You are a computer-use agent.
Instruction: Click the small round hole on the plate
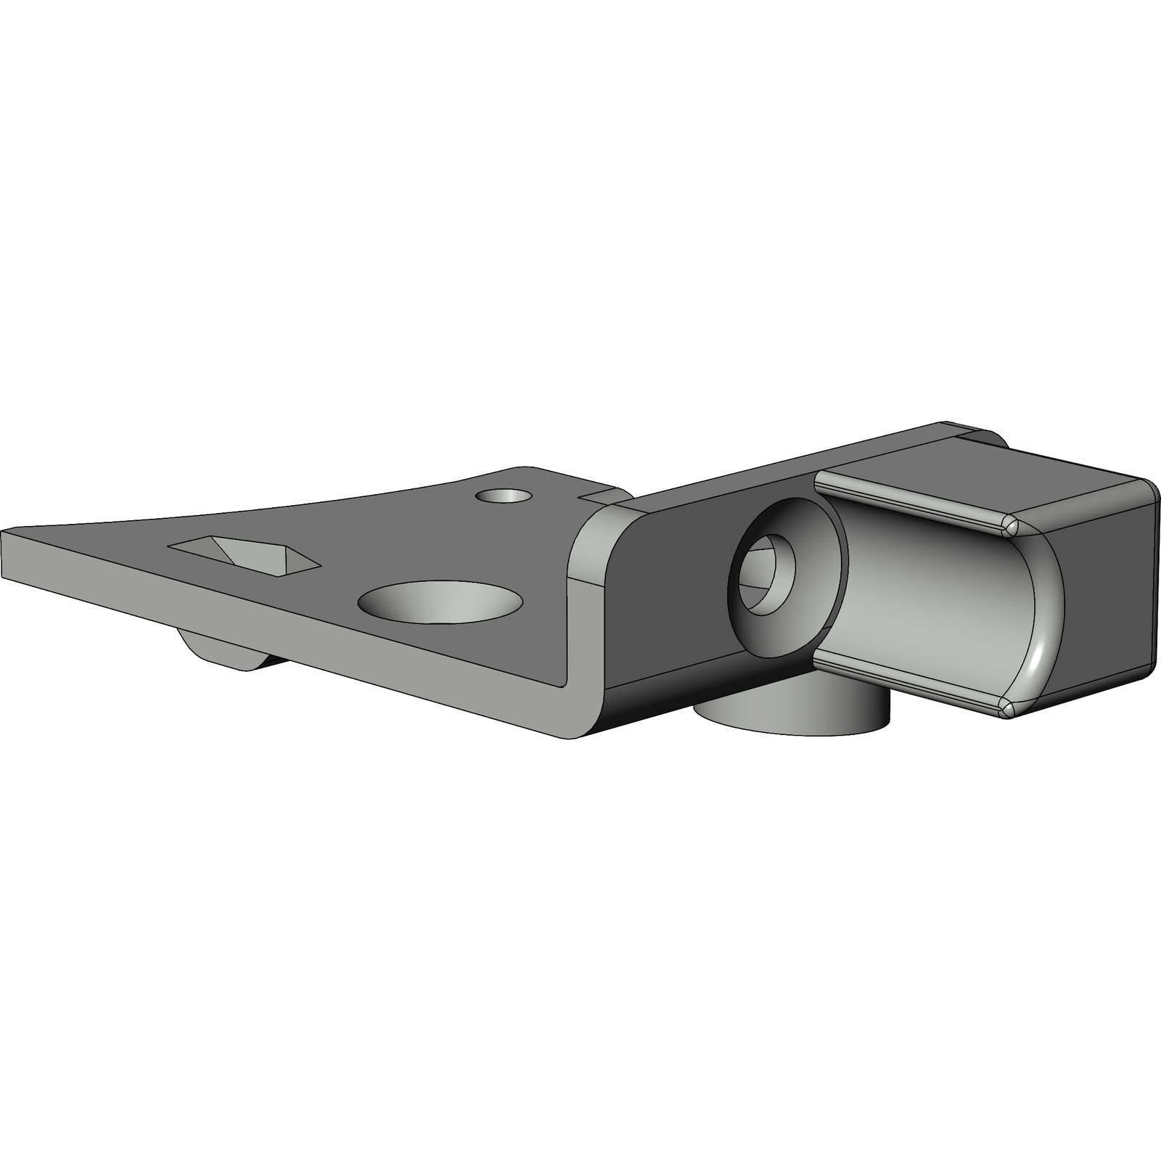tap(503, 496)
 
